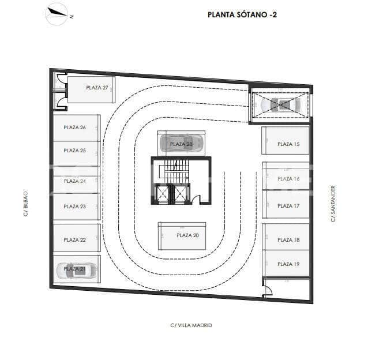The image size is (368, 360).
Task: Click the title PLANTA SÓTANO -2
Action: click(242, 15)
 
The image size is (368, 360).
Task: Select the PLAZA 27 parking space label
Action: click(97, 88)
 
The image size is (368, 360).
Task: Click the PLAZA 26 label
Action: click(74, 127)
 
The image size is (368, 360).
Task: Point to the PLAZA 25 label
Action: click(74, 151)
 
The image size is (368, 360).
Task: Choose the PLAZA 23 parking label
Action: click(74, 206)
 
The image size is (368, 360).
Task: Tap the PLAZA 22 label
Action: click(74, 240)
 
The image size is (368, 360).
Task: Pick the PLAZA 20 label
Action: click(187, 235)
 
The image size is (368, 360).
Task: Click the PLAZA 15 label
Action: click(288, 144)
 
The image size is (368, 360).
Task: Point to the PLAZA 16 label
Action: click(288, 179)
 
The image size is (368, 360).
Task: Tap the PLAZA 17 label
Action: click(288, 206)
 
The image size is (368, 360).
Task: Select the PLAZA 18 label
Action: click(288, 240)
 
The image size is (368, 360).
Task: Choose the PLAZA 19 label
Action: click(288, 264)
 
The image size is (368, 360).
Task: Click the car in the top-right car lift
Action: click(281, 105)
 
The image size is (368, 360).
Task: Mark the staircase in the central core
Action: click(172, 170)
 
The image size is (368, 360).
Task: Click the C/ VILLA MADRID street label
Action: click(191, 325)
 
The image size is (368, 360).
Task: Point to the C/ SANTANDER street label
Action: click(333, 203)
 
